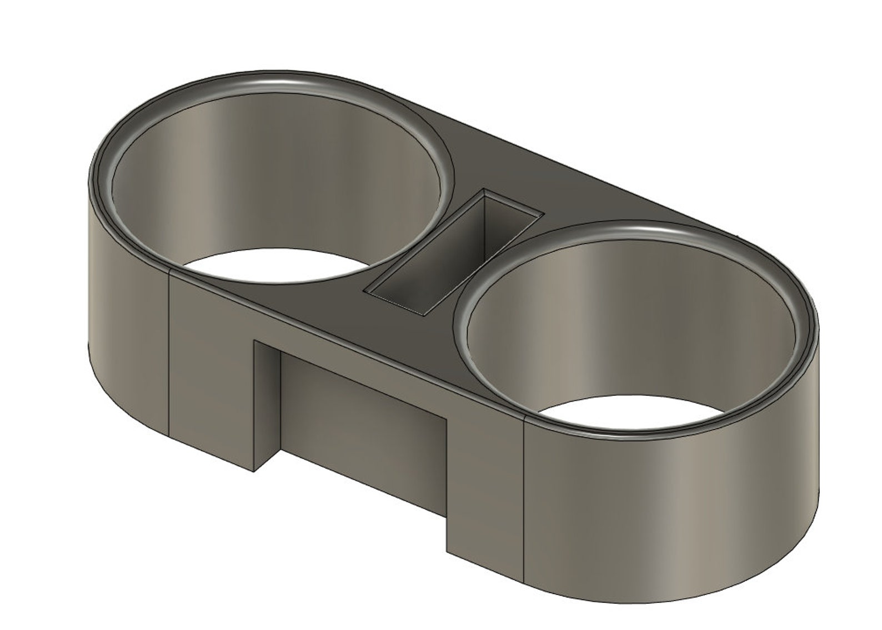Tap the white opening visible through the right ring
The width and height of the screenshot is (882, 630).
[x=633, y=414]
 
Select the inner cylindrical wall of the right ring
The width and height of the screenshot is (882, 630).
[x=633, y=322]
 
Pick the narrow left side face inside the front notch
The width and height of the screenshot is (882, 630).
[x=267, y=405]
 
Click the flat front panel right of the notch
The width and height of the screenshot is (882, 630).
[x=483, y=483]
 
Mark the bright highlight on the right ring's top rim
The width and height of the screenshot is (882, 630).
[x=655, y=228]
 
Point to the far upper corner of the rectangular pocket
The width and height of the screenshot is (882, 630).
[x=485, y=190]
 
